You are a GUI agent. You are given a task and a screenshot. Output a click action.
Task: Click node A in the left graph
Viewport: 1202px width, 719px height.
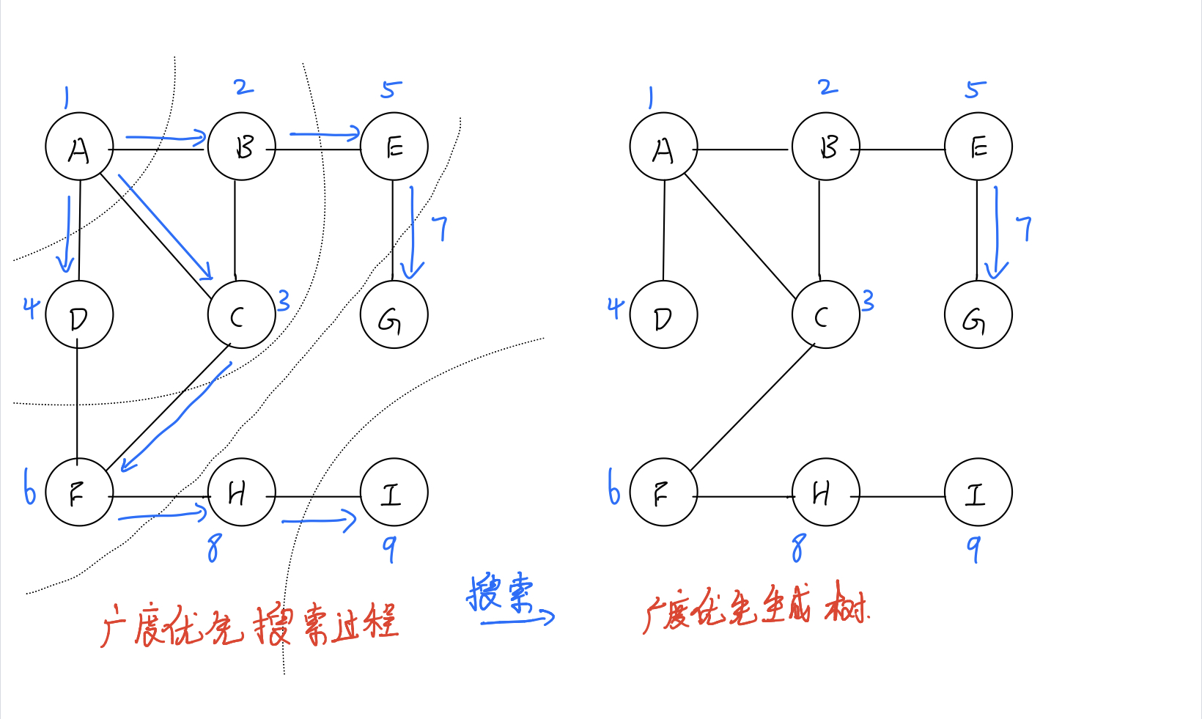point(79,147)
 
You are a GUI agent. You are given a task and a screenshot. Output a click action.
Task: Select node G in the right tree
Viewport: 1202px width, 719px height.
point(978,314)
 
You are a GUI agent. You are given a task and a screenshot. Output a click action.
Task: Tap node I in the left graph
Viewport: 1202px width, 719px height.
point(394,493)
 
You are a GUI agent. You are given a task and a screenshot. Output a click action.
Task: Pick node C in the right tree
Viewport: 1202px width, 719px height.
point(825,314)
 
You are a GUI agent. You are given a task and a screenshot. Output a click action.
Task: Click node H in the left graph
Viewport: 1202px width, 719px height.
point(241,493)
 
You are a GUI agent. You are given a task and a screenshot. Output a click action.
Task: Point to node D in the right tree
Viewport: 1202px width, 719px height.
point(663,314)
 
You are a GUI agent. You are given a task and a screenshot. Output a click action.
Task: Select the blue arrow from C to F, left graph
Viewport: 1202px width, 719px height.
point(176,418)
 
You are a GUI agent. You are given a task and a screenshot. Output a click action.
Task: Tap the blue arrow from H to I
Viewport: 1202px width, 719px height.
point(319,521)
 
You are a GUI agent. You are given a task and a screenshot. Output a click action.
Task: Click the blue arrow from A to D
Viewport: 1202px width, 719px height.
point(67,235)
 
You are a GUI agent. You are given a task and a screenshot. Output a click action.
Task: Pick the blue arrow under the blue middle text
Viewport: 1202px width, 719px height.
point(517,620)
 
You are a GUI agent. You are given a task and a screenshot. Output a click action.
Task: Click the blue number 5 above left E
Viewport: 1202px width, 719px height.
point(391,89)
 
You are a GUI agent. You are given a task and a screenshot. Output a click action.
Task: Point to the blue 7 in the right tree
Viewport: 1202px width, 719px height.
point(1025,228)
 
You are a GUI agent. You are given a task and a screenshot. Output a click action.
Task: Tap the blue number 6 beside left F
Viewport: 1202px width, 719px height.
point(29,487)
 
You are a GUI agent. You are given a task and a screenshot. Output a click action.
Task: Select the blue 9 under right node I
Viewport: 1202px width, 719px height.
point(973,547)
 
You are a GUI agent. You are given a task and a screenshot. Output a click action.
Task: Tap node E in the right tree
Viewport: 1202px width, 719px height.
point(978,147)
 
